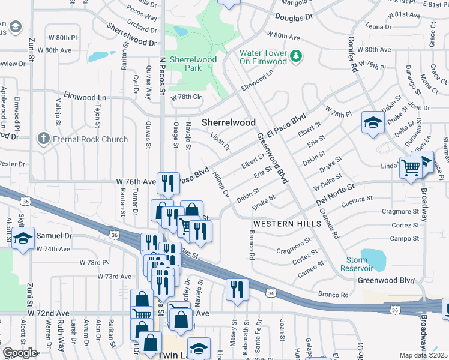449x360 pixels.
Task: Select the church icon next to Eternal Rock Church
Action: point(43,139)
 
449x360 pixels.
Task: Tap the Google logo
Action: point(20,353)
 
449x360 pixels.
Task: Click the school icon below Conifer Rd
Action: point(373,122)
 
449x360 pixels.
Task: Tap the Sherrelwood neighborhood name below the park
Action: point(228,122)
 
